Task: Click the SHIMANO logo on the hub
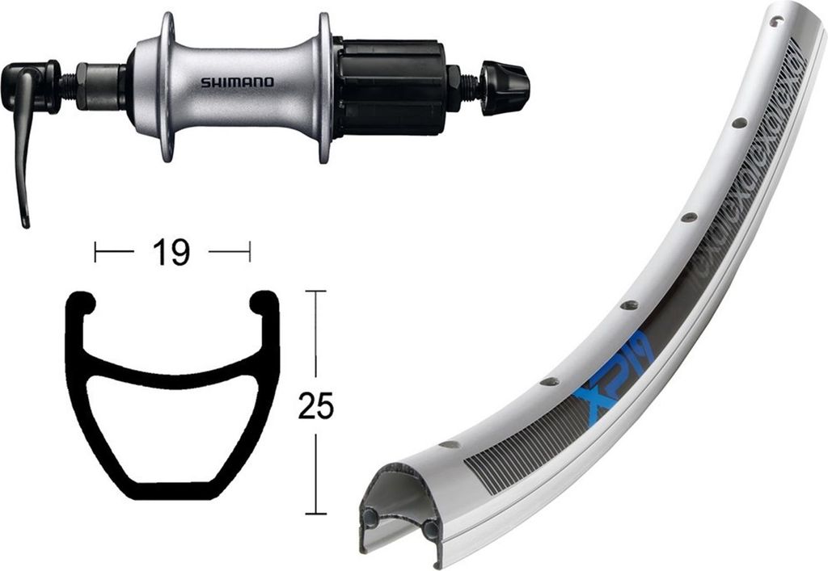(237, 82)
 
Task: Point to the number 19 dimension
(171, 252)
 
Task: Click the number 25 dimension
(315, 405)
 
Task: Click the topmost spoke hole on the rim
(776, 22)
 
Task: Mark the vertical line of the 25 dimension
(315, 339)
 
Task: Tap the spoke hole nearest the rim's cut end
(450, 443)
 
